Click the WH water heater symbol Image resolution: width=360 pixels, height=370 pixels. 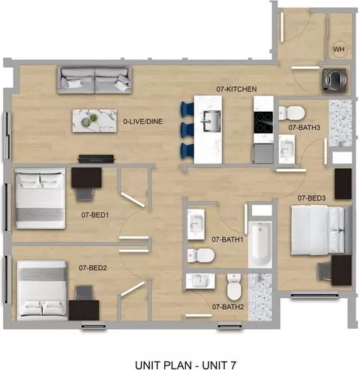[x=339, y=50]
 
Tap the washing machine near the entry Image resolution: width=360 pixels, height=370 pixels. [x=334, y=80]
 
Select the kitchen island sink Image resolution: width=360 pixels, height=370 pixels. [x=212, y=121]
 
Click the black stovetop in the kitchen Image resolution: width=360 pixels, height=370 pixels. [x=263, y=122]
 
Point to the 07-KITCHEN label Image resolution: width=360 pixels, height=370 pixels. [x=236, y=89]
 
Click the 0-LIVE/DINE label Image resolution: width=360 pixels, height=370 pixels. [x=142, y=122]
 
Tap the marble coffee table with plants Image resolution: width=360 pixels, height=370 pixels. [x=94, y=121]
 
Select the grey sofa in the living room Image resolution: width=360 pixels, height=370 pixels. [x=94, y=80]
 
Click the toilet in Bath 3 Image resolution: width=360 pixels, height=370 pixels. [x=292, y=113]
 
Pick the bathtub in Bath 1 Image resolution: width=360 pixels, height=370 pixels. [x=260, y=245]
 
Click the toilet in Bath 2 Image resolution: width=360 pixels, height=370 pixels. [x=234, y=287]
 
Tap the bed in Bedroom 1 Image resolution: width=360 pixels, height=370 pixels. [x=40, y=198]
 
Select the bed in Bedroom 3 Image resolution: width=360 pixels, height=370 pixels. [x=318, y=230]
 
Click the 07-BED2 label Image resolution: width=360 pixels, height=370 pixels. [x=93, y=268]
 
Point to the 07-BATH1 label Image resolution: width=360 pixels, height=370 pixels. [x=227, y=239]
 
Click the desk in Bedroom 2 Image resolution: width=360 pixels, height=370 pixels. [x=84, y=310]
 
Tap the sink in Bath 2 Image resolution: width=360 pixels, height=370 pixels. [x=200, y=281]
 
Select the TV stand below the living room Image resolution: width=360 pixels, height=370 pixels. [x=96, y=159]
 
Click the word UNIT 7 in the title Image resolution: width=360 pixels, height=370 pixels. [x=219, y=365]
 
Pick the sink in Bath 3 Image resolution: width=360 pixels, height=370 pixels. [x=286, y=149]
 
